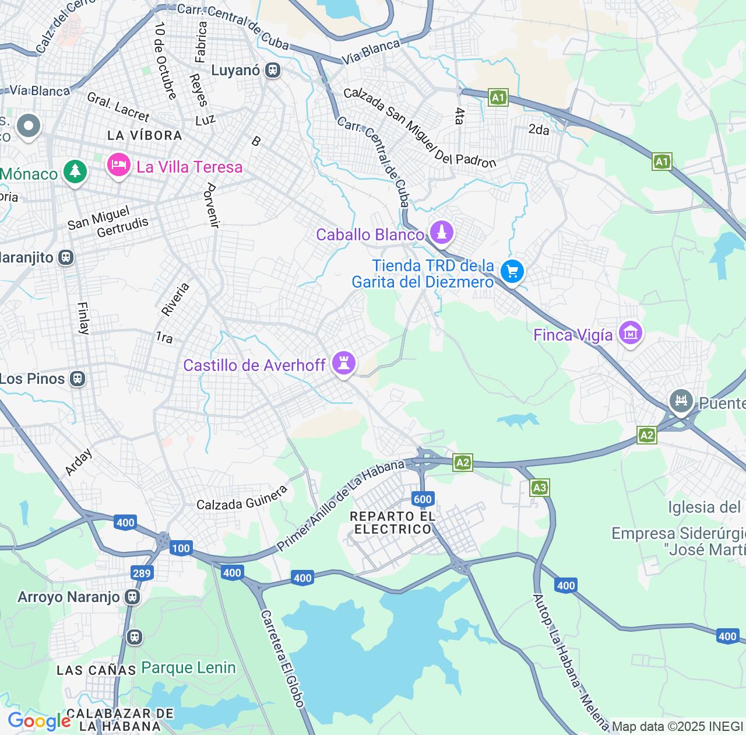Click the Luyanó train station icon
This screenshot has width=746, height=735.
click(272, 71)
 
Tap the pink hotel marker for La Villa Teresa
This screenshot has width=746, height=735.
click(118, 165)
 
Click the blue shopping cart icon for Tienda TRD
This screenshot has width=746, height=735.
click(512, 271)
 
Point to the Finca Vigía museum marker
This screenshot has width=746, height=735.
click(630, 333)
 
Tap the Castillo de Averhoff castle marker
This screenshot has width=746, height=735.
click(344, 363)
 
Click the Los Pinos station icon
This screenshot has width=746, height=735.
click(77, 379)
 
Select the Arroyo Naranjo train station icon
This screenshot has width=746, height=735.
click(133, 597)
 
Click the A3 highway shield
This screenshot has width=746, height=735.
click(540, 488)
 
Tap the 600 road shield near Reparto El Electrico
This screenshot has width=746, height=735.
click(423, 499)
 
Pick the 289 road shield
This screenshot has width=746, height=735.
click(142, 573)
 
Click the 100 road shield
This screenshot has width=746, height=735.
click(181, 548)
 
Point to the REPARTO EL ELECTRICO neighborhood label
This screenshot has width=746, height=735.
click(393, 523)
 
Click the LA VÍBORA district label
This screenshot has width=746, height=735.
click(145, 135)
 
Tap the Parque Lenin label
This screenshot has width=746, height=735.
click(188, 668)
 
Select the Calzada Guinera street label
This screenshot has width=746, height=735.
click(242, 499)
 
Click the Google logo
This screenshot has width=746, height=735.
click(39, 721)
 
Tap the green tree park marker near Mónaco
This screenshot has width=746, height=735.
click(75, 171)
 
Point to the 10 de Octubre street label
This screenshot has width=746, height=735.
click(165, 61)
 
